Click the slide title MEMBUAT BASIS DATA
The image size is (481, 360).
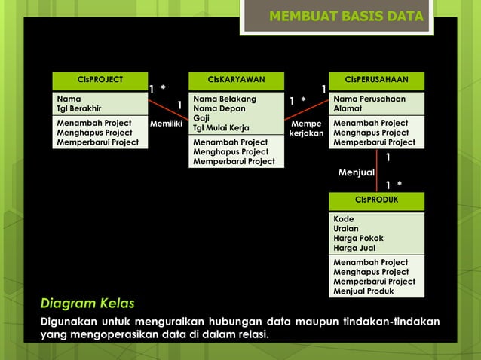(347, 17)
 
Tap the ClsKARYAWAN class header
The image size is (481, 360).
(236, 80)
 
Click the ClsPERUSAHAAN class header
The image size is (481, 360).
(376, 80)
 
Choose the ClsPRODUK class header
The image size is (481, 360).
(376, 200)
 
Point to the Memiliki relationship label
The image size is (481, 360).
(166, 123)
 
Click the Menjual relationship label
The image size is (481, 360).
(357, 172)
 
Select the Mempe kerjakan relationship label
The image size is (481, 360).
(306, 128)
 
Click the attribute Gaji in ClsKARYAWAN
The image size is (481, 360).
(201, 118)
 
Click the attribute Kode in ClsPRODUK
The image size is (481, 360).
(344, 219)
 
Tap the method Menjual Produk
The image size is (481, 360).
(363, 291)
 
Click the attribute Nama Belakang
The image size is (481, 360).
(225, 99)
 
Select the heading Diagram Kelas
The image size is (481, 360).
(87, 304)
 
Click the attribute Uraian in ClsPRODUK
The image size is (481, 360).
(346, 229)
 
